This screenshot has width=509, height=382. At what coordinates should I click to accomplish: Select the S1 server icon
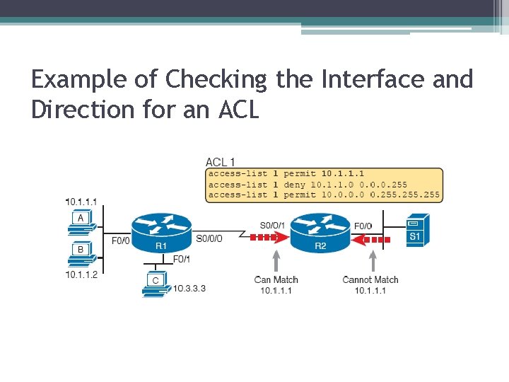(415, 229)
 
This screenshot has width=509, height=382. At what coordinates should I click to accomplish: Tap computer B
(81, 253)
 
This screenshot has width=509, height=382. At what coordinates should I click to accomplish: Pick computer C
(155, 284)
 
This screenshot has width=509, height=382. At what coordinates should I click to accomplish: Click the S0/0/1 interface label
(272, 226)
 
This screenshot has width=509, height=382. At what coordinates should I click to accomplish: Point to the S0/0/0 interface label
(209, 239)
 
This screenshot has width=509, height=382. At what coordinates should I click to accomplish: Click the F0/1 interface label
(182, 259)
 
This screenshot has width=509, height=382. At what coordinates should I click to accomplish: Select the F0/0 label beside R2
(363, 226)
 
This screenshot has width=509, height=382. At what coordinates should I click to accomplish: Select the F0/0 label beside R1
(121, 241)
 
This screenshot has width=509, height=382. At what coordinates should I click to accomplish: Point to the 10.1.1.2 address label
(81, 274)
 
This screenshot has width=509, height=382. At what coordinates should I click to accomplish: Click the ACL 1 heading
(221, 162)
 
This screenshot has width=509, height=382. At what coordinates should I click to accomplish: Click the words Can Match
(276, 280)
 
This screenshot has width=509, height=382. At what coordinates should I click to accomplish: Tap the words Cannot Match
(370, 280)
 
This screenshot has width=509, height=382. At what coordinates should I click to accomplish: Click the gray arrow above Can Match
(276, 259)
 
